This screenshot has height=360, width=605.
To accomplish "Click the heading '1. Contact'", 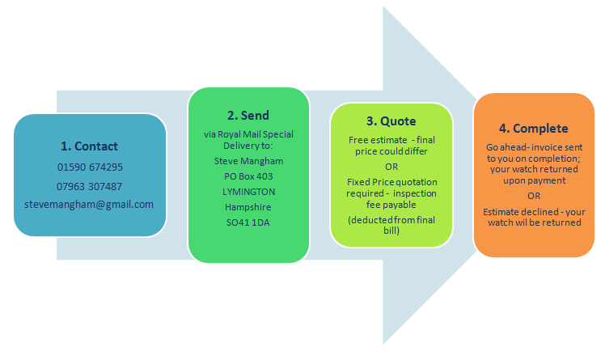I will click(89, 146).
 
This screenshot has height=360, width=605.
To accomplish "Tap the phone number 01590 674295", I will click(89, 167).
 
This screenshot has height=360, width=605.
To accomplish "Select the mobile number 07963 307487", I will click(89, 186).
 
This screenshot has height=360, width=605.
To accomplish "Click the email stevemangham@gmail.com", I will click(89, 204).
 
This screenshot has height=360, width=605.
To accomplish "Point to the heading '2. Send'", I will click(248, 116).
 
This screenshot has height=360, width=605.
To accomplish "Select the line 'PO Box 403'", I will click(248, 176).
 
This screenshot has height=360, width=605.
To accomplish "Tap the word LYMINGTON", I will click(248, 192).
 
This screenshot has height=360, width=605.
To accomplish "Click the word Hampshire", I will click(248, 206).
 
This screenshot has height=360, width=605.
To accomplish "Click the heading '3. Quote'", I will click(391, 121).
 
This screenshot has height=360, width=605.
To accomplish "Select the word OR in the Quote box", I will click(391, 166).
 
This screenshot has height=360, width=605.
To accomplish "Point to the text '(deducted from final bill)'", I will click(391, 226).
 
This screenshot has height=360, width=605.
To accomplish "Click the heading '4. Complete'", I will click(534, 128).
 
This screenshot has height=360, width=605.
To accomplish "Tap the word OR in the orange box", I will click(534, 195).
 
